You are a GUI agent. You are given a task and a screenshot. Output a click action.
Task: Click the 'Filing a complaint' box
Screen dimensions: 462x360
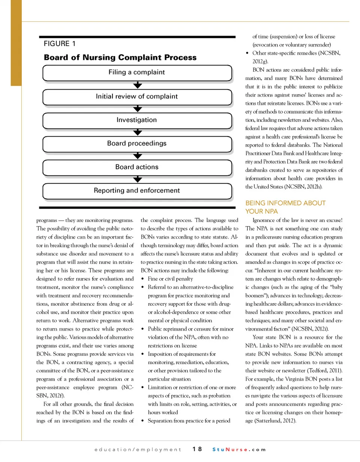pos(137,72)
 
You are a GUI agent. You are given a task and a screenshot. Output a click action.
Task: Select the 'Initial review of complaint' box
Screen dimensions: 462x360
pos(137,96)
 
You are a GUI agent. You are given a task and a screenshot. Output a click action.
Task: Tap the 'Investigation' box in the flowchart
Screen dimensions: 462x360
pos(137,120)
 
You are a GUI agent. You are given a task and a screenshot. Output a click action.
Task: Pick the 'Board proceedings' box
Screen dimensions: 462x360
pos(137,143)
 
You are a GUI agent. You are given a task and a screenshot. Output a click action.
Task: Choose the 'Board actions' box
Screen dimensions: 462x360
pos(137,167)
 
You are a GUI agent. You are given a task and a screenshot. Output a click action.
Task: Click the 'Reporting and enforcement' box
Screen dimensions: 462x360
pos(137,190)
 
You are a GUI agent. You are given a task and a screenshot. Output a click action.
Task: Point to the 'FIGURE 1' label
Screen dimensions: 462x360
pos(60,44)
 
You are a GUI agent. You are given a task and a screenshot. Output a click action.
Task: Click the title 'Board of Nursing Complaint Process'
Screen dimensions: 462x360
pos(120,57)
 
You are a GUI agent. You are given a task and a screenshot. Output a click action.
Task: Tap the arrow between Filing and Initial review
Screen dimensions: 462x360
pos(138,85)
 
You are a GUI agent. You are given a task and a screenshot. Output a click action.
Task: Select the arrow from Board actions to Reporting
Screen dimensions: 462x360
pos(138,179)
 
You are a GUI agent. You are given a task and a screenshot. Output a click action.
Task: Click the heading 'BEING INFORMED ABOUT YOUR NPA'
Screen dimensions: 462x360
pos(285,207)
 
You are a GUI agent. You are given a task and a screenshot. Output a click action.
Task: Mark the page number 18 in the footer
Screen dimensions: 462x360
pos(198,449)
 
